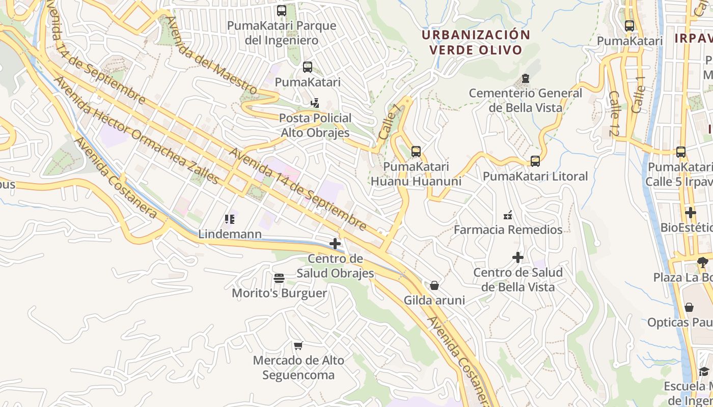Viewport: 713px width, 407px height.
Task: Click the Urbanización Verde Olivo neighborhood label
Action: click(476, 42)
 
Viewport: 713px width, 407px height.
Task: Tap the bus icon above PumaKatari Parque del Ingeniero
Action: click(282, 11)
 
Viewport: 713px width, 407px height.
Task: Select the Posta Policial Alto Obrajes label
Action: click(315, 126)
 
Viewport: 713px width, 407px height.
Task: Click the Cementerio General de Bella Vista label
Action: click(525, 100)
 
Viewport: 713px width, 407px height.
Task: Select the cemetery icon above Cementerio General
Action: click(525, 78)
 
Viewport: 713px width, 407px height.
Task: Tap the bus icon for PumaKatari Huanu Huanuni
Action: click(416, 152)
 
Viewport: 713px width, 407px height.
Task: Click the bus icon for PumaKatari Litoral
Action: click(535, 161)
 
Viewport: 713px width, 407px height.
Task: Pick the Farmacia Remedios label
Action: click(508, 229)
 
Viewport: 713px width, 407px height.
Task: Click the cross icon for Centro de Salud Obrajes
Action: click(335, 244)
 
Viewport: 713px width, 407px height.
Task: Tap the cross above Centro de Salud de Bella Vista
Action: click(517, 257)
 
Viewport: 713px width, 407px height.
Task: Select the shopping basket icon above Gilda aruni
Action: click(434, 285)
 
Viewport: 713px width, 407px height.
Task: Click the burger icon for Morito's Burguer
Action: click(279, 278)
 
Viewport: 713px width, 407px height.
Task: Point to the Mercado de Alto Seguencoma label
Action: click(298, 368)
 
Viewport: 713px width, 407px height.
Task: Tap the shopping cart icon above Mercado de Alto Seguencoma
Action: click(298, 346)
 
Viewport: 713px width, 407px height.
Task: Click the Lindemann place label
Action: click(230, 234)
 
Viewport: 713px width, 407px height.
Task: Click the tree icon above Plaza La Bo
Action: click(703, 263)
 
